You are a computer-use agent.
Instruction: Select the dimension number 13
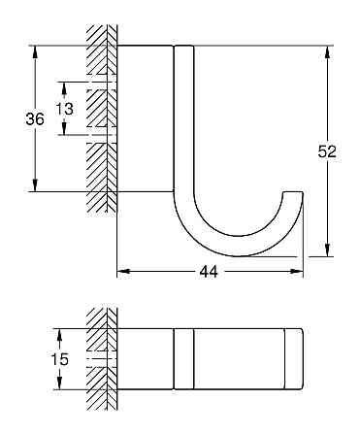(64, 109)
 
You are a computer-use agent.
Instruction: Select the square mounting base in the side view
(146, 117)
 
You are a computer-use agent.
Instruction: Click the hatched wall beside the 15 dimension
(101, 359)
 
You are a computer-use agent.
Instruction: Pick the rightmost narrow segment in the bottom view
(294, 359)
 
